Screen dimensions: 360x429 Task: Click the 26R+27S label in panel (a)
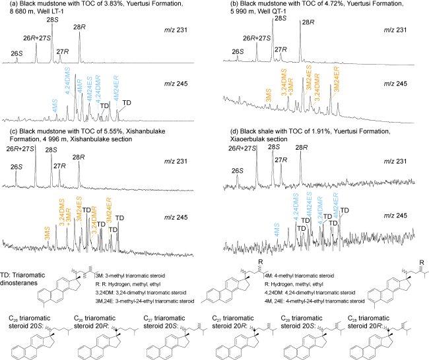(38, 38)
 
